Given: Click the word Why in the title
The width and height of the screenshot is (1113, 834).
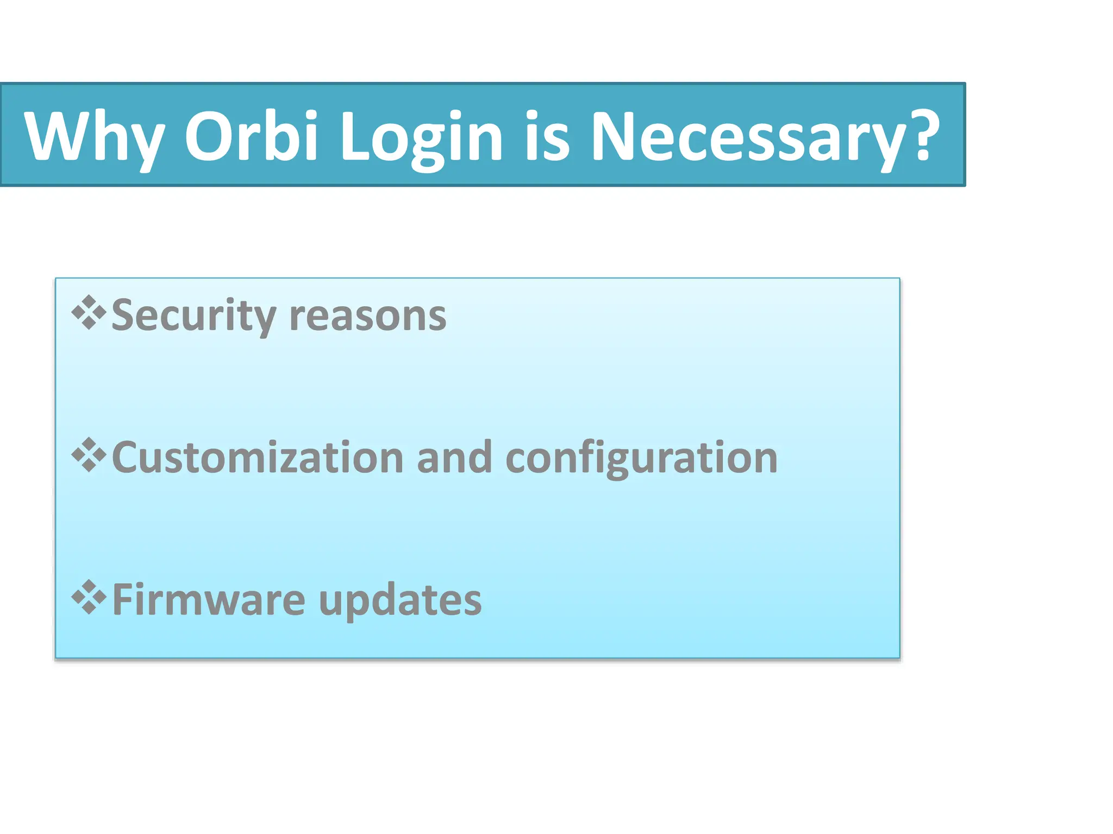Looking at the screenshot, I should (x=94, y=137).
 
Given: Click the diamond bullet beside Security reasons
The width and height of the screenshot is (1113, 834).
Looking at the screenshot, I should (x=89, y=313).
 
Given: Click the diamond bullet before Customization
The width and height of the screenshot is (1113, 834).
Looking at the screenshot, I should (x=89, y=455).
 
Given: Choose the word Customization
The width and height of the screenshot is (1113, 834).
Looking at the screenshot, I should (x=258, y=458).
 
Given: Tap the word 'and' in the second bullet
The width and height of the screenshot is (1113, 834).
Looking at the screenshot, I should (x=454, y=458).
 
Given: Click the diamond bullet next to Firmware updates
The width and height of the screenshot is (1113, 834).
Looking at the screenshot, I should (x=89, y=597).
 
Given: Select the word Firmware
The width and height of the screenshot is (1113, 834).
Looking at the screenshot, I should (x=209, y=600).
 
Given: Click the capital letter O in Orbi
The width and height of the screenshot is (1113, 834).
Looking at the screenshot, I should (x=207, y=137).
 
